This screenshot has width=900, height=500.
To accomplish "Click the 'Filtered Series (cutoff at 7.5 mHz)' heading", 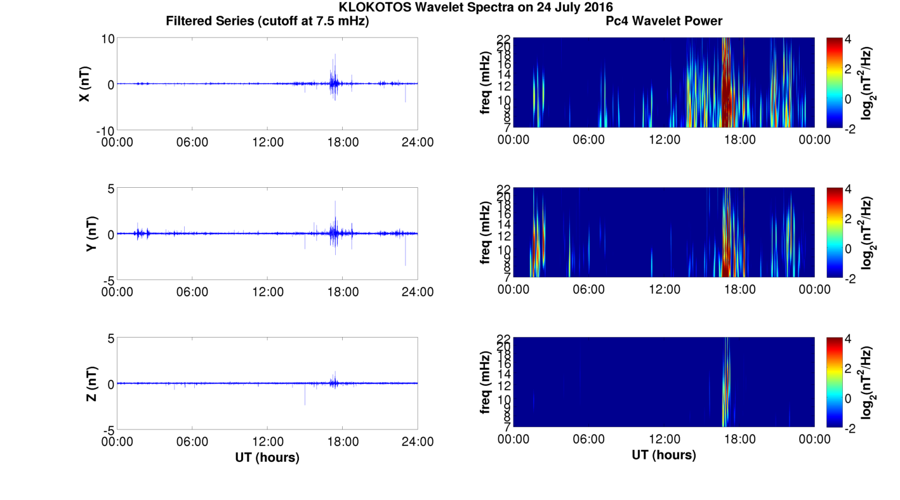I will (x=267, y=21).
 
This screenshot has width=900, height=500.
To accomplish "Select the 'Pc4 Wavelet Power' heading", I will (x=664, y=21).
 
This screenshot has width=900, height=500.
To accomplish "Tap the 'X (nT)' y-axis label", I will (x=84, y=84).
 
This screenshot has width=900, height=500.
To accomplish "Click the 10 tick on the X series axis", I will (x=107, y=39).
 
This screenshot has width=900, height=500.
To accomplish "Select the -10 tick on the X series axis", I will (x=104, y=130).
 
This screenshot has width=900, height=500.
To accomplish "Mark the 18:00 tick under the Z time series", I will (x=343, y=440).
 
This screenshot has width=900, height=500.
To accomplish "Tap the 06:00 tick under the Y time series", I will (x=192, y=291).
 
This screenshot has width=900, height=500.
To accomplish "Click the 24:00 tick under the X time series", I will (x=418, y=142).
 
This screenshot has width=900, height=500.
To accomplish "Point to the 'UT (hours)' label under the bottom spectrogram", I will (x=664, y=455).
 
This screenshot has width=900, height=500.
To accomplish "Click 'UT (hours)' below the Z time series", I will (x=267, y=457).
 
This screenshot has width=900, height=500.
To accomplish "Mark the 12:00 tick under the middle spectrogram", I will (x=664, y=289).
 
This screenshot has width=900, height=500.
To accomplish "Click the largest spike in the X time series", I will (x=335, y=55).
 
